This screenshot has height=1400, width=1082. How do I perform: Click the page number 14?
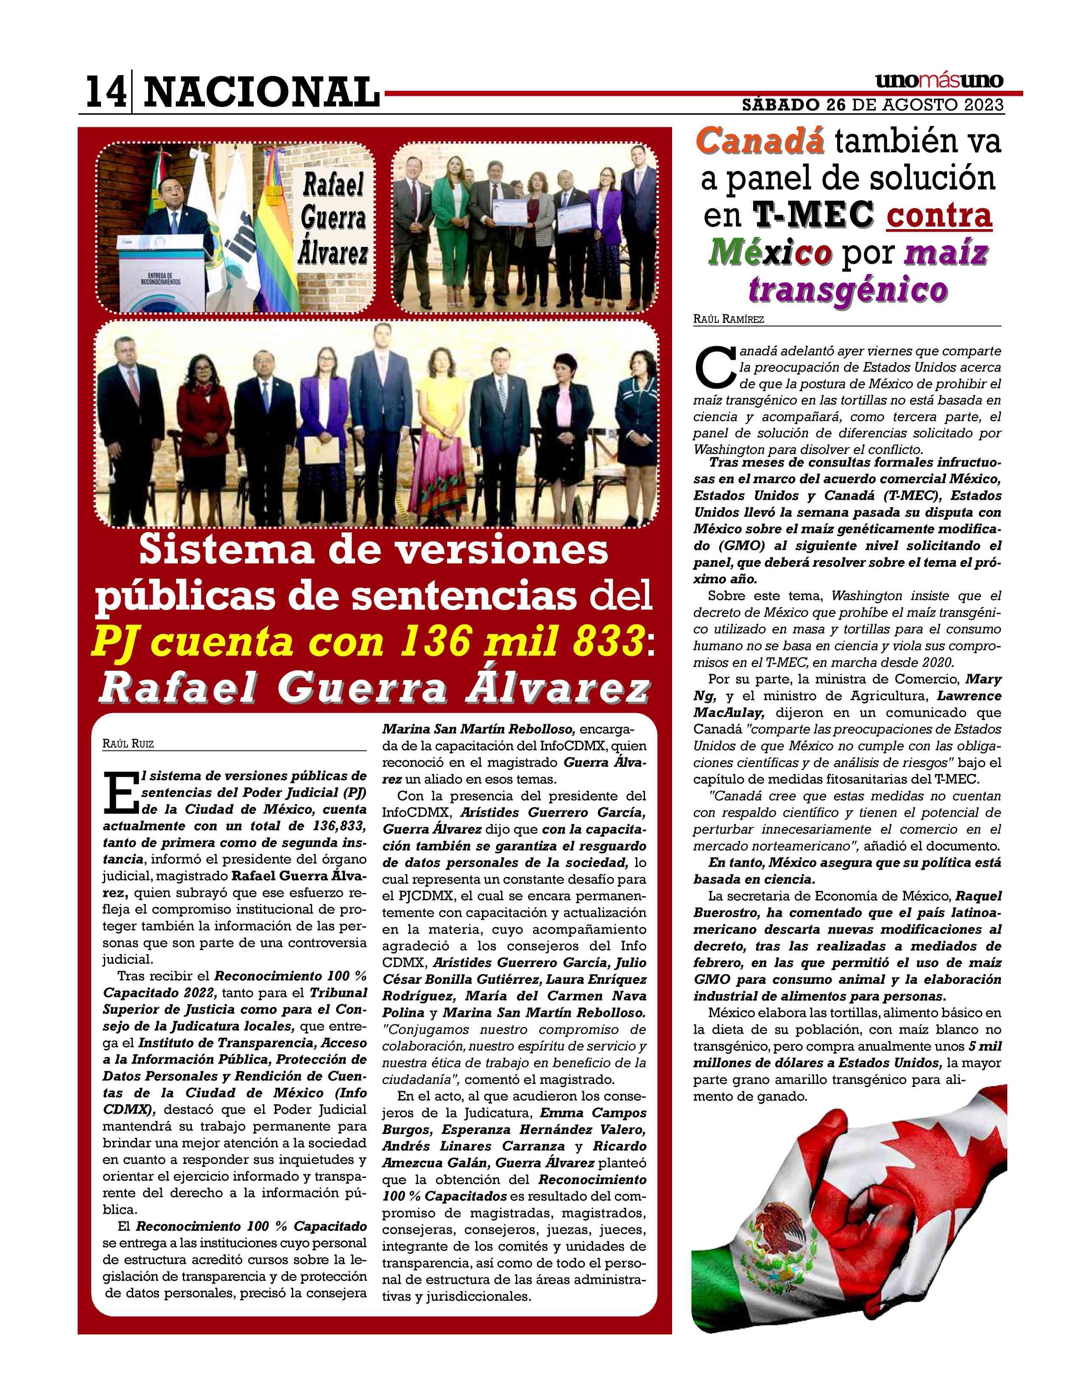tap(106, 93)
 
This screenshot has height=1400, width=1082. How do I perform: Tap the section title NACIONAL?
tap(260, 93)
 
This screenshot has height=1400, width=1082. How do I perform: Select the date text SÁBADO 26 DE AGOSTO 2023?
tap(872, 105)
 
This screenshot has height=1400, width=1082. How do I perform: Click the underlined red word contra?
tap(939, 216)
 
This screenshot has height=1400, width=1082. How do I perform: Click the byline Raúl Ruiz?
tap(128, 744)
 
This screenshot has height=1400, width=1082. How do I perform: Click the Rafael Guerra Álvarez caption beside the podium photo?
tap(333, 220)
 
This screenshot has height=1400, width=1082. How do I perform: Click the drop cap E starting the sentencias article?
tap(121, 793)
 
